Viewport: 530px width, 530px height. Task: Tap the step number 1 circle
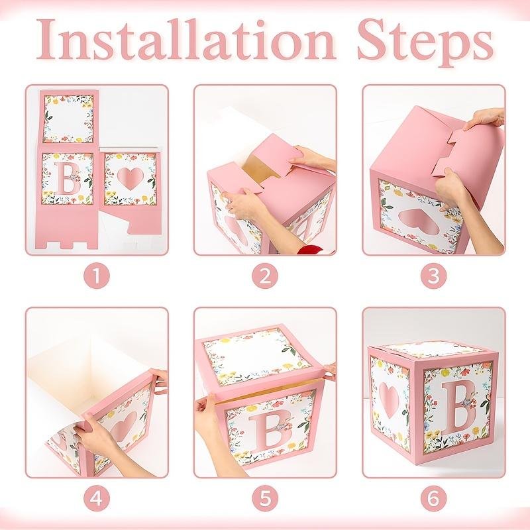(97, 276)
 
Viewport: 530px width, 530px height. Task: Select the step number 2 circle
(265, 276)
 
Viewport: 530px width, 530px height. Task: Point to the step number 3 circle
(434, 276)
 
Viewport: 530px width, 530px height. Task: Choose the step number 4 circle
(97, 498)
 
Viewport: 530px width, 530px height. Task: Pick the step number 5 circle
(265, 498)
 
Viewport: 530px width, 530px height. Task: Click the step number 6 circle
(434, 498)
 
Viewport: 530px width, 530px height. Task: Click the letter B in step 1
(69, 178)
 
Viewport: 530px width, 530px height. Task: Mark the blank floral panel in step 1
(69, 119)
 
